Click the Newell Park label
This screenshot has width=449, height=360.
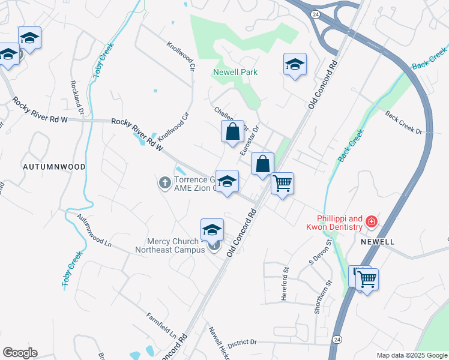point(235,72)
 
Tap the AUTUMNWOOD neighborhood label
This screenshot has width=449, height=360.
point(54,166)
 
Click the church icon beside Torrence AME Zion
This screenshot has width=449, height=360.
point(165,182)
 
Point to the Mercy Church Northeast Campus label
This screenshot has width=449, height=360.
point(170,245)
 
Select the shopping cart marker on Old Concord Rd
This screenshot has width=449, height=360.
point(282,183)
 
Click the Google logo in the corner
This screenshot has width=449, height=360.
point(20,353)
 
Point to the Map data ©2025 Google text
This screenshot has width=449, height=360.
point(412,355)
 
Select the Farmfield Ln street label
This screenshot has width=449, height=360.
point(162,325)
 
